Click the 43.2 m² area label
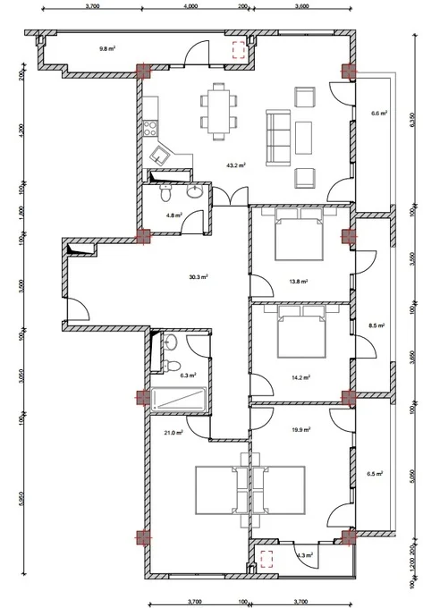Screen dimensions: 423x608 point(236,165)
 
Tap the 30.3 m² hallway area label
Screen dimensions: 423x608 point(199,277)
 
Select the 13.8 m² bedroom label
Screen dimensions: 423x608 point(298,282)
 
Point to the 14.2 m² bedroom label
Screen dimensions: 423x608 point(300,377)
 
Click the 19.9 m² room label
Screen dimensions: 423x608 point(300,430)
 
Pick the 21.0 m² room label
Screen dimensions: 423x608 point(173,433)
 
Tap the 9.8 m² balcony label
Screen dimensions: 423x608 point(107,49)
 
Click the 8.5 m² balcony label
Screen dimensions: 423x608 point(376,325)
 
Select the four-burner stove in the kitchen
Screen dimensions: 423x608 point(150,129)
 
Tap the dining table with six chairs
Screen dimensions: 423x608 point(218,112)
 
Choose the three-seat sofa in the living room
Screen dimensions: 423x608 point(278,138)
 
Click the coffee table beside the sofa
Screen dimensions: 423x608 point(303,138)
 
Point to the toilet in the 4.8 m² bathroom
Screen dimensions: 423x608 point(165,193)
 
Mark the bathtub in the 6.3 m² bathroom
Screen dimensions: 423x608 point(179,399)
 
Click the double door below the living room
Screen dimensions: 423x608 point(231,196)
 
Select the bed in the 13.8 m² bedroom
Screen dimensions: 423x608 point(299,234)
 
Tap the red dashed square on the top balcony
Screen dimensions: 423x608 point(239,50)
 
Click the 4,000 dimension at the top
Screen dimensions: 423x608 point(190,6)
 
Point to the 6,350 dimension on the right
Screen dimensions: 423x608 point(412,122)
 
